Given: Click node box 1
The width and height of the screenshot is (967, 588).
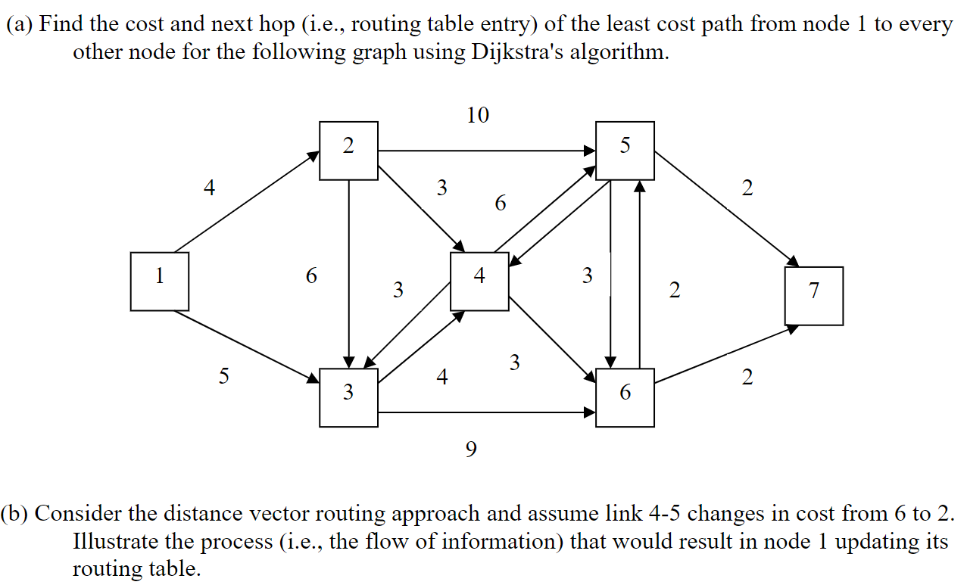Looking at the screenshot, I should pyautogui.click(x=159, y=282).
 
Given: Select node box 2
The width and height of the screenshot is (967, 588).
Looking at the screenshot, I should pyautogui.click(x=348, y=151).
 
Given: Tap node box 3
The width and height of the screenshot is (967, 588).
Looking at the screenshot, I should pyautogui.click(x=348, y=398).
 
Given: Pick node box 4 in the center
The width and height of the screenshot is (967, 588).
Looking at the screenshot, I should pyautogui.click(x=479, y=282).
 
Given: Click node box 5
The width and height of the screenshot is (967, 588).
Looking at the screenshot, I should pyautogui.click(x=625, y=151).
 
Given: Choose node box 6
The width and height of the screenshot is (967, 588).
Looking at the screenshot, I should pyautogui.click(x=625, y=398).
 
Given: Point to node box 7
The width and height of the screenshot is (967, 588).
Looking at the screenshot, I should pyautogui.click(x=814, y=296).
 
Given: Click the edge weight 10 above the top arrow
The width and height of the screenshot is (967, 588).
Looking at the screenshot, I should pyautogui.click(x=478, y=115).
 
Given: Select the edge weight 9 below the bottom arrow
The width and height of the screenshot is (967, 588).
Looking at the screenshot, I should pyautogui.click(x=471, y=450).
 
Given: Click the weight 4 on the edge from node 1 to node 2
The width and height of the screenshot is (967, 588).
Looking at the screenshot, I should pyautogui.click(x=210, y=188).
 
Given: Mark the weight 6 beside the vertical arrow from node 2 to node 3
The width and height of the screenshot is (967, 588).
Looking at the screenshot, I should pyautogui.click(x=311, y=276).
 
